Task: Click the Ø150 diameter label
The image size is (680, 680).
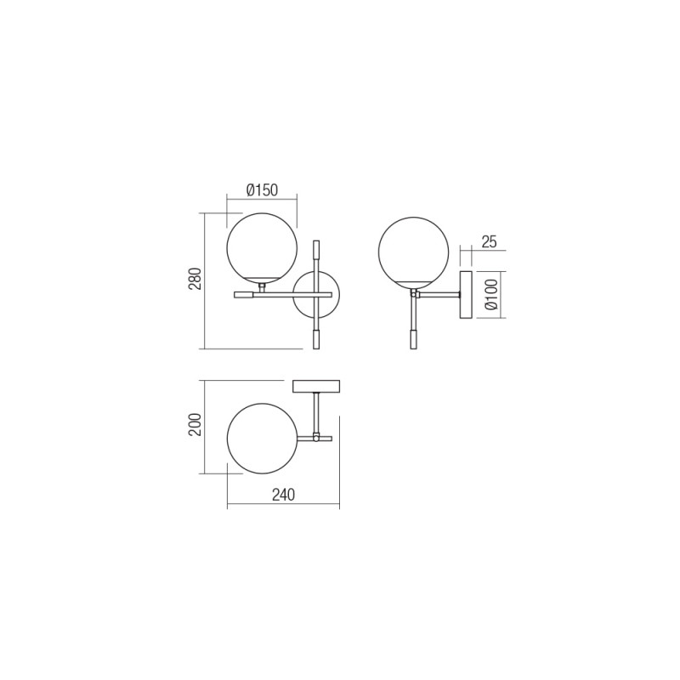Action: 262,190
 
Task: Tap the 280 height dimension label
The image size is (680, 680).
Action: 195,280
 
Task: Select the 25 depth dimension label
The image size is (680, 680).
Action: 488,241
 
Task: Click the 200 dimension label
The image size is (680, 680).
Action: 195,425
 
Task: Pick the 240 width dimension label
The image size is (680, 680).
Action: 283,496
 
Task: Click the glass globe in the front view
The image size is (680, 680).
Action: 261,247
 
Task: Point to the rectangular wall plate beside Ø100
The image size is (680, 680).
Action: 466,296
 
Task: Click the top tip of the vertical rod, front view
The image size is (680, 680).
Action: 316,249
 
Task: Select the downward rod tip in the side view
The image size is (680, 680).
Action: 413,338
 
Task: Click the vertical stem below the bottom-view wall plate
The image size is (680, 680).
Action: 315,413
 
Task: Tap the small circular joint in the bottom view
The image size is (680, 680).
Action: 315,439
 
